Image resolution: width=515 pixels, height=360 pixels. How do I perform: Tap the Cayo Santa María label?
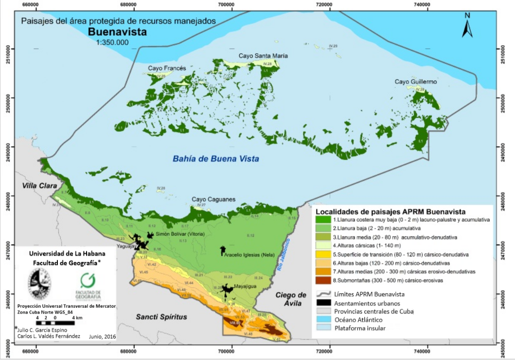pos(263,56)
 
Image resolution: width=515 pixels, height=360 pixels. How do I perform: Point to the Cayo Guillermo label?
pos(415,82)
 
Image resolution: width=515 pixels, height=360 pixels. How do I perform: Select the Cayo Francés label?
pos(167,68)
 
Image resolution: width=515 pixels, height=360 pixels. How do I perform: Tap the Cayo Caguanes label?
pos(214,200)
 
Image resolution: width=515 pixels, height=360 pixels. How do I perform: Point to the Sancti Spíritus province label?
pos(161,317)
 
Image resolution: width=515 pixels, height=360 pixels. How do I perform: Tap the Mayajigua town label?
pos(248,285)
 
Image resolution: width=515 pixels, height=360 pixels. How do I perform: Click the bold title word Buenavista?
pos(117,32)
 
